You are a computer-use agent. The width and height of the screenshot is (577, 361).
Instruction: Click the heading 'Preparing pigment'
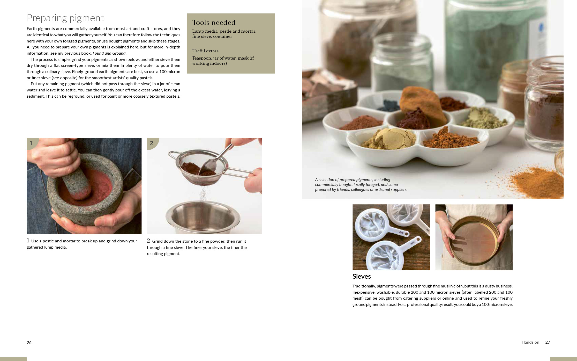coord(65,18)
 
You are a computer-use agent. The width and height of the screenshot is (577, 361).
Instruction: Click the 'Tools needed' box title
coord(214,23)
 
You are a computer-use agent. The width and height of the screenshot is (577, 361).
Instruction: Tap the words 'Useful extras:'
coord(206,51)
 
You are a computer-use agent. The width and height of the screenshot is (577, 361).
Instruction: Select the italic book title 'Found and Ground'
coord(109,53)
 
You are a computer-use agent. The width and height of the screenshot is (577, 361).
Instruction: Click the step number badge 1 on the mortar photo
coord(31,143)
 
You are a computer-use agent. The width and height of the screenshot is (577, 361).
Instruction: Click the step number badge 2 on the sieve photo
coord(152,143)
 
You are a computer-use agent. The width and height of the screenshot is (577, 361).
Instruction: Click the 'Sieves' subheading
coord(361,276)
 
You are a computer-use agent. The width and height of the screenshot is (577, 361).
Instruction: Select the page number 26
coord(29,342)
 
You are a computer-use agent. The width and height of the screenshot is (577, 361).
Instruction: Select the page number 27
coord(548,342)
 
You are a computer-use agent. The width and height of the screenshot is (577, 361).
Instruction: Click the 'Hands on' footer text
coord(530,342)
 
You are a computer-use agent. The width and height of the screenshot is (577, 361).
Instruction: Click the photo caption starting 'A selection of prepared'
coord(361,184)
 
